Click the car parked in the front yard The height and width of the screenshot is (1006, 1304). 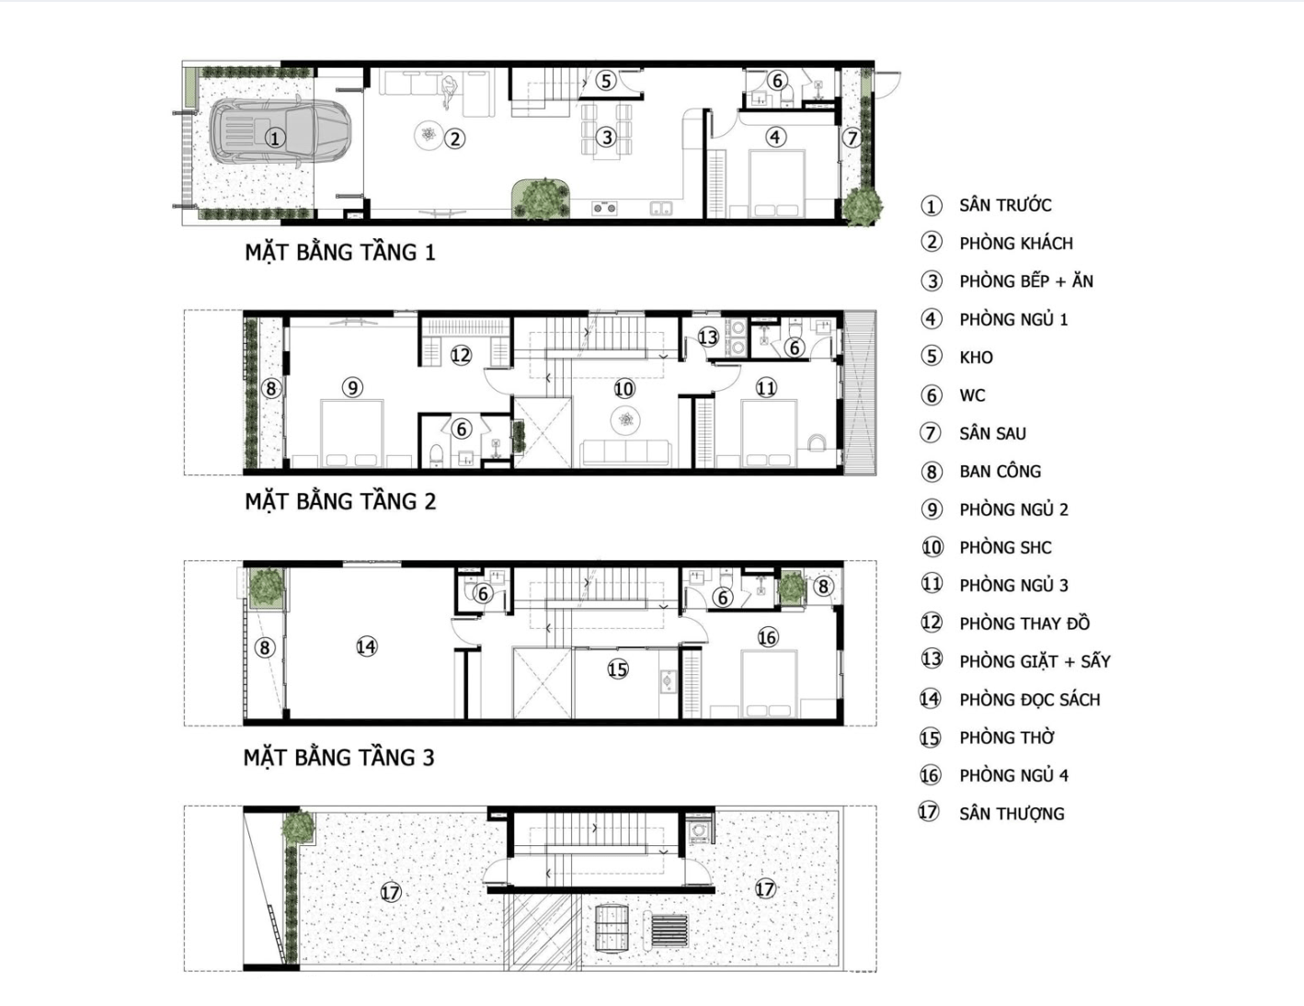(280, 131)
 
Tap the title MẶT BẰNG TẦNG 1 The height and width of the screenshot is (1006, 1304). (339, 252)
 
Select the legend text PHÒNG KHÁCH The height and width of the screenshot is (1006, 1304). (1016, 243)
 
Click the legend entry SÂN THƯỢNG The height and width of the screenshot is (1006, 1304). (1012, 814)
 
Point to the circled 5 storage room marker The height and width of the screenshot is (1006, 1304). (606, 80)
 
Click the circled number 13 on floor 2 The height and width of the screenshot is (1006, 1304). (708, 337)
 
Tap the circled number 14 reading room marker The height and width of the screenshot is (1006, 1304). (366, 646)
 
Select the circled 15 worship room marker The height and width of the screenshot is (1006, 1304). (617, 669)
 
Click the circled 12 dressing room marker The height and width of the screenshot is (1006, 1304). (461, 355)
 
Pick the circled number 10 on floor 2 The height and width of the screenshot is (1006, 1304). (624, 389)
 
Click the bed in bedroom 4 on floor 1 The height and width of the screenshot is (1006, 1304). (777, 184)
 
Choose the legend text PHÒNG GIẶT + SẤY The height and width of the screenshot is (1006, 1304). (1035, 661)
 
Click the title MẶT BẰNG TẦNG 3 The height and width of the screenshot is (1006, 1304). (338, 758)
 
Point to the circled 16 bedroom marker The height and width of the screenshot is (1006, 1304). (768, 637)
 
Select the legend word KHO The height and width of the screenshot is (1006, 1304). (977, 358)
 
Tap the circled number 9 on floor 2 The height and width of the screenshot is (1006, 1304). (352, 387)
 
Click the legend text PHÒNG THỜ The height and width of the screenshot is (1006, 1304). (1007, 737)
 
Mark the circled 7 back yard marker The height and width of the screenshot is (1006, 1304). (852, 138)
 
